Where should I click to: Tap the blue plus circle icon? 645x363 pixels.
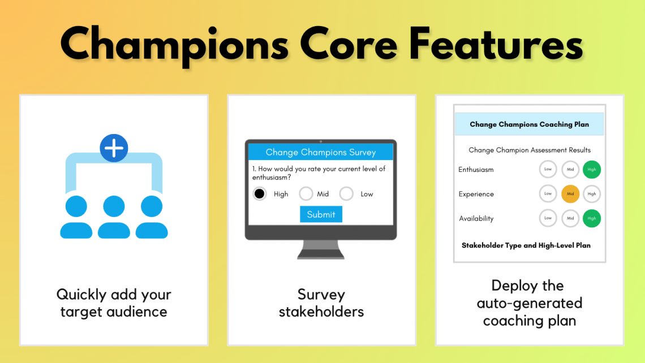click(x=114, y=149)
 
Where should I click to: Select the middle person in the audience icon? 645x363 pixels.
click(x=114, y=218)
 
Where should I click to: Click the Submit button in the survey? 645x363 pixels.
click(x=321, y=214)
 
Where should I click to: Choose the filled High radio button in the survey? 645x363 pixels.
click(x=259, y=194)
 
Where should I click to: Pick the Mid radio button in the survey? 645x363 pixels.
click(x=306, y=194)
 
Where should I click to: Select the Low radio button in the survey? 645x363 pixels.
click(x=346, y=194)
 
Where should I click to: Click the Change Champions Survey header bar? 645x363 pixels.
click(x=321, y=152)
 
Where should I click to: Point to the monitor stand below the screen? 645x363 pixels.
click(x=321, y=249)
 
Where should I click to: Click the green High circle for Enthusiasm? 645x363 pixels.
click(x=592, y=170)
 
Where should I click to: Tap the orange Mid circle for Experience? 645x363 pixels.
click(x=570, y=194)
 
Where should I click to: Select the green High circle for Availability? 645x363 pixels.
click(x=592, y=218)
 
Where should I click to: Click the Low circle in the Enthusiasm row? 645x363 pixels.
click(x=548, y=170)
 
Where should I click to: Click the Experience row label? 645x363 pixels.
click(x=476, y=194)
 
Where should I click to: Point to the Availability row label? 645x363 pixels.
click(x=476, y=218)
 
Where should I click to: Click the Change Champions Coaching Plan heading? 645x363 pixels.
click(x=529, y=124)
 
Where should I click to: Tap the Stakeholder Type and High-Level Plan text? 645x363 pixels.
click(x=526, y=245)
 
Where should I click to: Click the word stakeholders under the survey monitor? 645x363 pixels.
click(x=321, y=312)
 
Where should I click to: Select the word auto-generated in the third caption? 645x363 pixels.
click(x=529, y=303)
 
